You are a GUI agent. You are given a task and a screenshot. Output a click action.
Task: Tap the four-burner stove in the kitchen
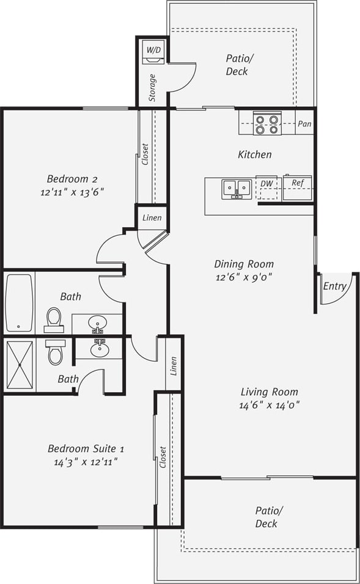(x=267, y=124)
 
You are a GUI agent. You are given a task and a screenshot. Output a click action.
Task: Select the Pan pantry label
(x=304, y=124)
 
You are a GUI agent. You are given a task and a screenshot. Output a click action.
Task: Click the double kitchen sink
(x=237, y=188)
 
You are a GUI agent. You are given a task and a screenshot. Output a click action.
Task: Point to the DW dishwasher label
(x=266, y=183)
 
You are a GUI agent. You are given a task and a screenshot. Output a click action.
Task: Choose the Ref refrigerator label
(x=297, y=183)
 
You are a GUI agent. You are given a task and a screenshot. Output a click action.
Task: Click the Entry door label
(x=334, y=286)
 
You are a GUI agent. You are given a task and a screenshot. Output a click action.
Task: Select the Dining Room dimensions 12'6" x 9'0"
(x=243, y=276)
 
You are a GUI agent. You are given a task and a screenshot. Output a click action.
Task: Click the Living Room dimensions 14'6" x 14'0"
(x=269, y=404)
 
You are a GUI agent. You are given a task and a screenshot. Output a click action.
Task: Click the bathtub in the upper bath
(x=19, y=302)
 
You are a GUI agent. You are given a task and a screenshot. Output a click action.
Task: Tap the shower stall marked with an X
(x=20, y=365)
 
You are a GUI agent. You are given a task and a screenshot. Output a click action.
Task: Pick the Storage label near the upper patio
(x=152, y=88)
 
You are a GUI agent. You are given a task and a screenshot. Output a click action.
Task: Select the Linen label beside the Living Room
(x=174, y=366)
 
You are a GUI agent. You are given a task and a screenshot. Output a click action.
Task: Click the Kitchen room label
(x=254, y=155)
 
